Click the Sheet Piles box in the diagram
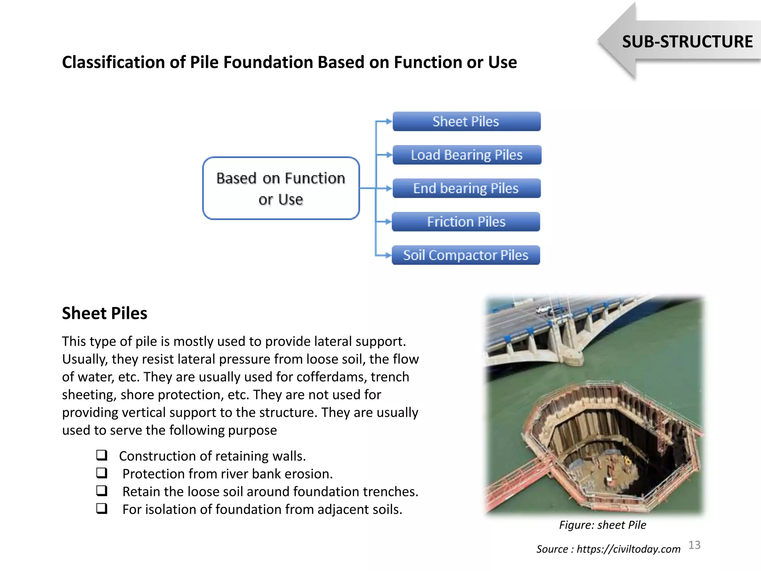466,122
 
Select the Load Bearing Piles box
467,155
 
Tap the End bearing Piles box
466,188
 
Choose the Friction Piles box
466,222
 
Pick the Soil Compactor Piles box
466,255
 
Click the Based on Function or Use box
281,188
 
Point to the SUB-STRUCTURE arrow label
687,42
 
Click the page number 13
694,545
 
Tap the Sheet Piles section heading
104,313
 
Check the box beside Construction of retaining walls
102,455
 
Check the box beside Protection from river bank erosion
102,473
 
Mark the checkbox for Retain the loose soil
102,491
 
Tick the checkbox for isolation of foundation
102,508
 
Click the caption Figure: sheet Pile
602,525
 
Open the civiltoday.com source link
628,549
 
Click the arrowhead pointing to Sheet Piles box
389,122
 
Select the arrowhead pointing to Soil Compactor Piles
388,255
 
